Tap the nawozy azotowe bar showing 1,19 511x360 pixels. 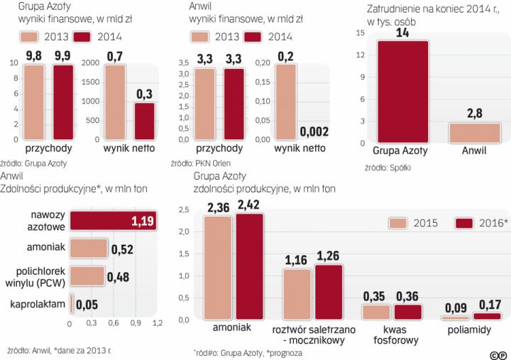point(113,222)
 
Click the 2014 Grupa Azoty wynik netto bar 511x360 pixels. point(144,121)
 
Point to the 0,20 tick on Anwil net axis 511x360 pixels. point(262,62)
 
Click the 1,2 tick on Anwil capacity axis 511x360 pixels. point(157,323)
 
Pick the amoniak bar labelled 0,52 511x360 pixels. point(88,249)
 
